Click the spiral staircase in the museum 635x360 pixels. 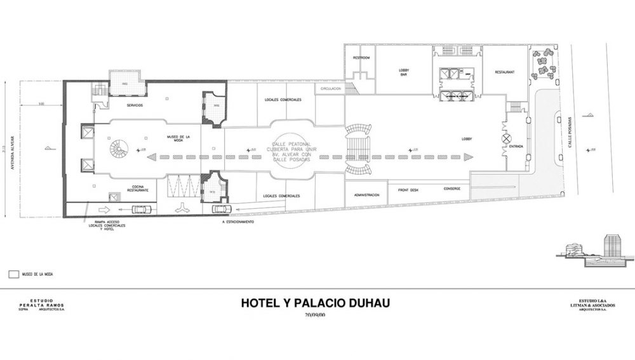pyautogui.click(x=118, y=150)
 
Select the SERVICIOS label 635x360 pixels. pyautogui.click(x=134, y=105)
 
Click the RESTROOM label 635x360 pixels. pyautogui.click(x=361, y=57)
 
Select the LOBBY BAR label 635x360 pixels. pyautogui.click(x=403, y=72)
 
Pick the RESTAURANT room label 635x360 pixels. pyautogui.click(x=504, y=71)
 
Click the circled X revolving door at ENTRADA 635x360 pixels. pyautogui.click(x=507, y=138)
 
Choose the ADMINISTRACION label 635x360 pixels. pyautogui.click(x=366, y=194)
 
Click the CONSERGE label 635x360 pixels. pyautogui.click(x=452, y=188)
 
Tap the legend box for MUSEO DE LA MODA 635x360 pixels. pyautogui.click(x=11, y=274)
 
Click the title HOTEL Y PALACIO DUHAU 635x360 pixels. pyautogui.click(x=315, y=303)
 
